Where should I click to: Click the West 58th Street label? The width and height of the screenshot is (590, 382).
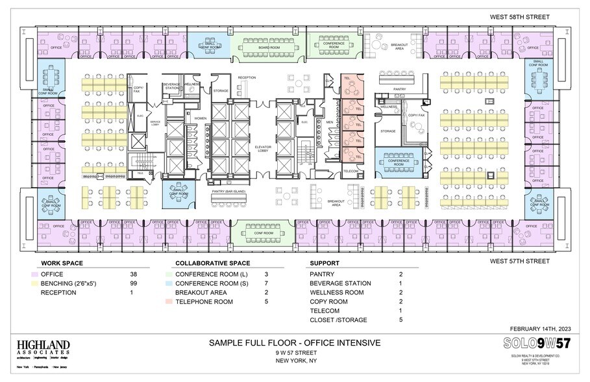tap(519, 17)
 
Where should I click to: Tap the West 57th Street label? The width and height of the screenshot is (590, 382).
tap(519, 261)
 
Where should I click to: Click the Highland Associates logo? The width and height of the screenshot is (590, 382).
tap(43, 348)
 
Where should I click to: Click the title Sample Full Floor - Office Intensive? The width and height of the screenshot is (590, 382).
tap(294, 342)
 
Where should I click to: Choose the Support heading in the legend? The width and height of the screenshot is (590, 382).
tap(324, 264)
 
